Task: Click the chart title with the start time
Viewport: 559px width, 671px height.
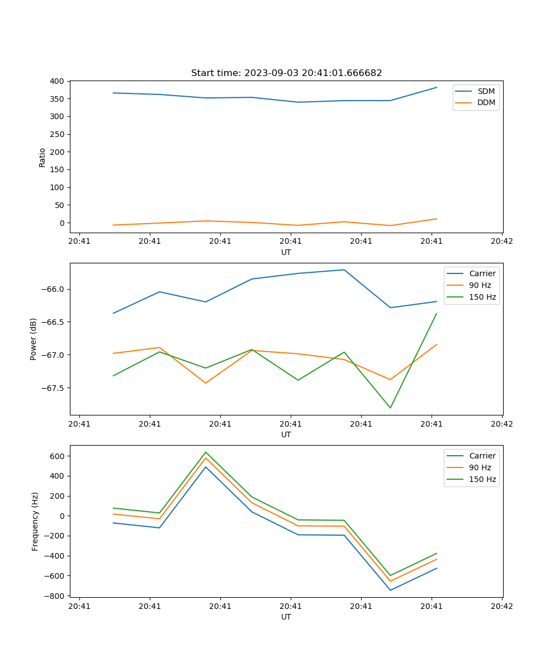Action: (x=286, y=73)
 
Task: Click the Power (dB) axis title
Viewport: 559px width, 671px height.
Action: (x=34, y=339)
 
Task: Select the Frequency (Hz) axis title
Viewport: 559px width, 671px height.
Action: (x=35, y=521)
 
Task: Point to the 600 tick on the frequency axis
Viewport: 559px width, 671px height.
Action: (x=58, y=456)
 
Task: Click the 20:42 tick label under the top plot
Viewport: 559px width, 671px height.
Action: (x=501, y=242)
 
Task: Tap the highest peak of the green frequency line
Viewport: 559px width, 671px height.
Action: (x=206, y=452)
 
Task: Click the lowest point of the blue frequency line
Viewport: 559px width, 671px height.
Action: (x=390, y=590)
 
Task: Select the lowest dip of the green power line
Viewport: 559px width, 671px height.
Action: (x=390, y=408)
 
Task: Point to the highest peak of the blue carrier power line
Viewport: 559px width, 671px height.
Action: (x=344, y=270)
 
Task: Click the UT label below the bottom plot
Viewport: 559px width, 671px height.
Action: (x=286, y=617)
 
